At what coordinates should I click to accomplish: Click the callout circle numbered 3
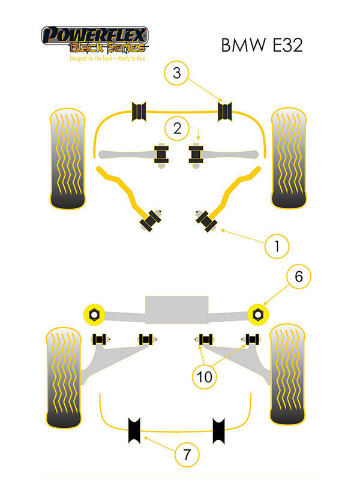coord(176,74)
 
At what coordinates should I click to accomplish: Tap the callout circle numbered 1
coord(277,245)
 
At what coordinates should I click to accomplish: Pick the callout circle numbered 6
coord(298,277)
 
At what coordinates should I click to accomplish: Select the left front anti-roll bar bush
coord(139,111)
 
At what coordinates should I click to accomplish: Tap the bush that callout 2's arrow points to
coord(196,155)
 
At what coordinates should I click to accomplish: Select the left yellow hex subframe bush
coord(94,313)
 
